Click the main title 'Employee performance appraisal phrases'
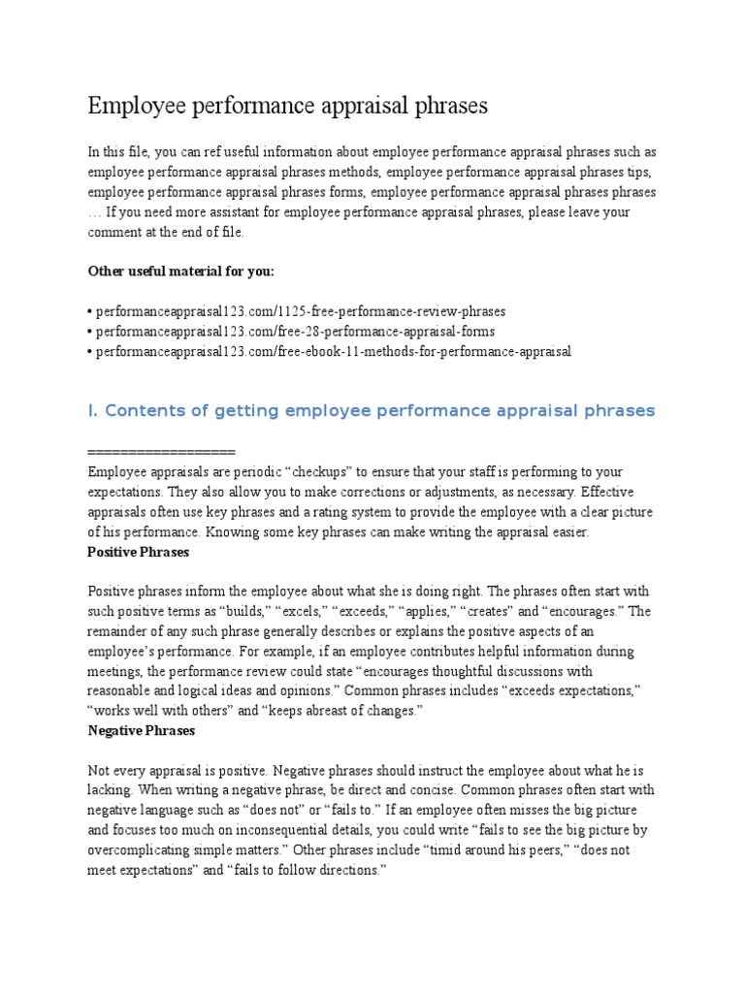(287, 106)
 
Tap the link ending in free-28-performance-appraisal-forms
(295, 331)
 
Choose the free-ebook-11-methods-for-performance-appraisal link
(333, 350)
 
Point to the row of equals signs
(161, 453)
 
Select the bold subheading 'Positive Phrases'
(138, 552)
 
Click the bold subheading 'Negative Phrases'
(141, 730)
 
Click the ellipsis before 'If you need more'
(94, 212)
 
